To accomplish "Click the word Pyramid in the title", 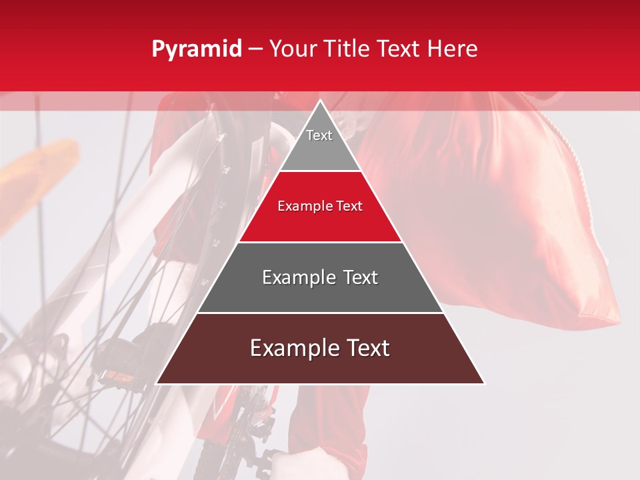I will tap(196, 49).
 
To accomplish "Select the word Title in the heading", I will tap(350, 49).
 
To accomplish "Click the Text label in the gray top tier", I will tap(319, 135).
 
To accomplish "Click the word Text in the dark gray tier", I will tap(361, 277).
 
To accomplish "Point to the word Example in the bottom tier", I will tap(293, 348).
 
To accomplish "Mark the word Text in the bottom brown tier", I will tap(365, 348).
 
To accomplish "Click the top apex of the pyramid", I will tap(320, 101).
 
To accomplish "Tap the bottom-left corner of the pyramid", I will tap(157, 383).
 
